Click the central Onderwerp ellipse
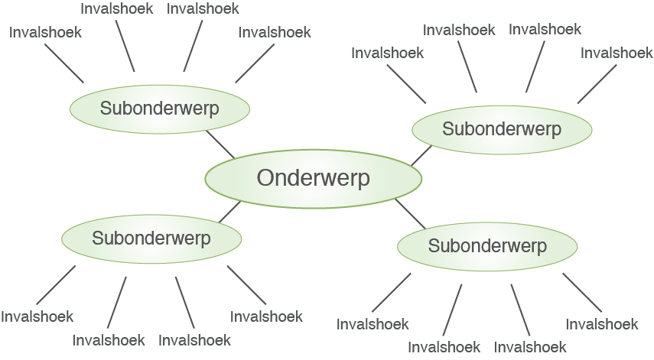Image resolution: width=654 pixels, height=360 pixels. [313, 178]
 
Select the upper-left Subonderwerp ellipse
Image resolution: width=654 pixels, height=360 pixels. [159, 109]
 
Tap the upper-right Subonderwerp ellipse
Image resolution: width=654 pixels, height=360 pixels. [501, 129]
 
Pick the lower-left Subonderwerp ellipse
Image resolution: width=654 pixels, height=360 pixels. [151, 238]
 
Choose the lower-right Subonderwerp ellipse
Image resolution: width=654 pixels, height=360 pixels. [487, 246]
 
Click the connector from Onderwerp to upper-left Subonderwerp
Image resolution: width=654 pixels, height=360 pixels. [220, 144]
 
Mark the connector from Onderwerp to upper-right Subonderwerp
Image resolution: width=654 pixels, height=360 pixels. [421, 155]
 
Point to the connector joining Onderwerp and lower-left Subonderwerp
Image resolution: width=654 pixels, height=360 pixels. [229, 212]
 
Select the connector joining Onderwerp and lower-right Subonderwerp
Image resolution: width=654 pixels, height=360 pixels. [410, 213]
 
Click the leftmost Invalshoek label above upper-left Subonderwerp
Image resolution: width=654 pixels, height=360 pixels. [45, 32]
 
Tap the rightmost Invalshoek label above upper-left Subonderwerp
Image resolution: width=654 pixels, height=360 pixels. [274, 32]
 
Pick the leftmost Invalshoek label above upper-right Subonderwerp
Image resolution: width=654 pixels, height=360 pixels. [387, 53]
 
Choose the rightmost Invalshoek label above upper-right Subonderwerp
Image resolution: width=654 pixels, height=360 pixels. [617, 53]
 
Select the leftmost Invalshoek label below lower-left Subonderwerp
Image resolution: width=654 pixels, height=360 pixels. [37, 316]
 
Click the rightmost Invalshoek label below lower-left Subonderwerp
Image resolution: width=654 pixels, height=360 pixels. [266, 316]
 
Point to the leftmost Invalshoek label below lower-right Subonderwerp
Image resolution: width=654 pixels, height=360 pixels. [373, 324]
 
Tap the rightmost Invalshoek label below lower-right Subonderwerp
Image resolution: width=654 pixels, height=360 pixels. [601, 324]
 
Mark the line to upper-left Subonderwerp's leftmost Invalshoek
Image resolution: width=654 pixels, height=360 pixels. [64, 63]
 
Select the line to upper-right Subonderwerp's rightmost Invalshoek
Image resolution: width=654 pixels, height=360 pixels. [597, 83]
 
